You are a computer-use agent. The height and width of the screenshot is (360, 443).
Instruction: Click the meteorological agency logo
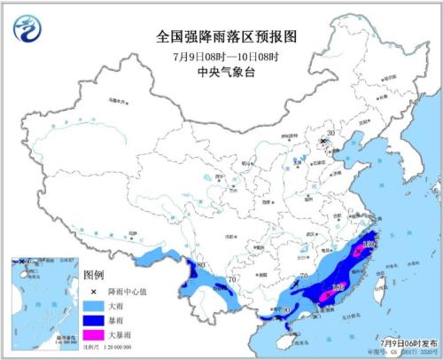click(x=28, y=31)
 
